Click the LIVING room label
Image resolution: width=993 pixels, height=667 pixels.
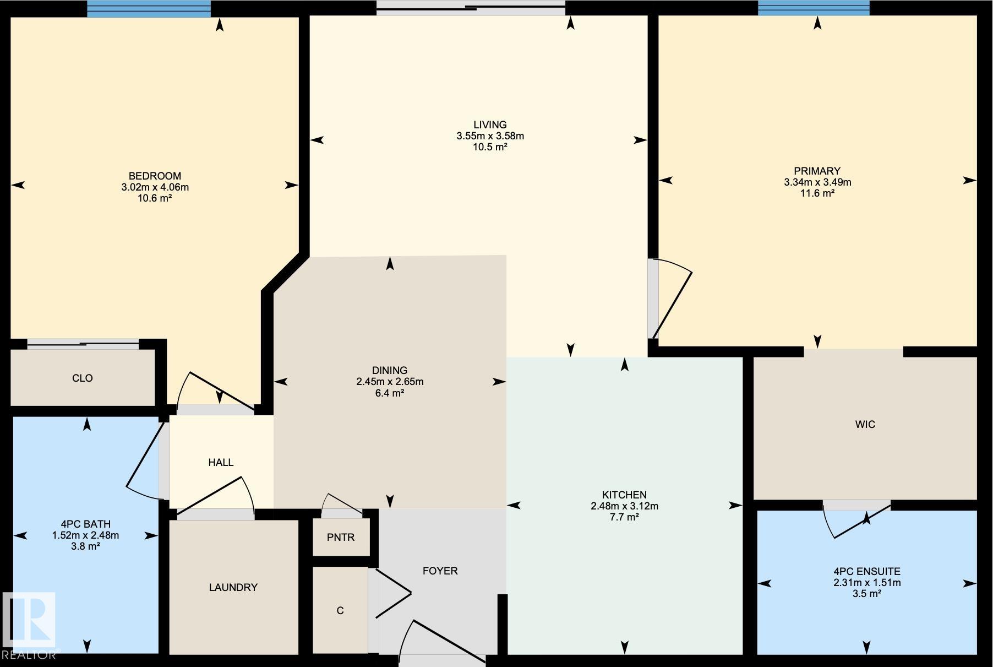[x=489, y=124]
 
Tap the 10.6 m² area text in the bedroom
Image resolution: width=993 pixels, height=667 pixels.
[x=154, y=198]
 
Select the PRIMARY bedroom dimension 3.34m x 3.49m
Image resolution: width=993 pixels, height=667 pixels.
[x=817, y=182]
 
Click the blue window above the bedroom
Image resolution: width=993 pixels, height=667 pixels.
[x=149, y=8]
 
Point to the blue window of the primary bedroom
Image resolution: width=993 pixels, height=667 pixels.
[x=813, y=8]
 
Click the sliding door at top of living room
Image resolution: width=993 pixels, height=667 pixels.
[x=471, y=8]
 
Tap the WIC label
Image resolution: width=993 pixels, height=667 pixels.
[x=865, y=425]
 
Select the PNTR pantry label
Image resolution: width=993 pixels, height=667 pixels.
[x=340, y=538]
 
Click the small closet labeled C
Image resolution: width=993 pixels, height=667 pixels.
[x=340, y=610]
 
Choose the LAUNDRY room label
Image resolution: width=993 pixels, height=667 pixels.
[x=233, y=588]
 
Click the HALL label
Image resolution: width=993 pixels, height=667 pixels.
[x=221, y=463]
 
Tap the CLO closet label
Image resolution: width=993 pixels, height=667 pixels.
[x=82, y=378]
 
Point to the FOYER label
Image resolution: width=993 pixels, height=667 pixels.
[x=440, y=571]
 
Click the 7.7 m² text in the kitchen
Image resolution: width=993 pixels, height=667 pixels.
[x=624, y=517]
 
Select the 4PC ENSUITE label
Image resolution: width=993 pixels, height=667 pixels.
[x=866, y=572]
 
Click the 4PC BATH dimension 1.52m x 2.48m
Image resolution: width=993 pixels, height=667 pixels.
[x=85, y=535]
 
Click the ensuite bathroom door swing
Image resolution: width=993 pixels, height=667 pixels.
[x=856, y=520]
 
